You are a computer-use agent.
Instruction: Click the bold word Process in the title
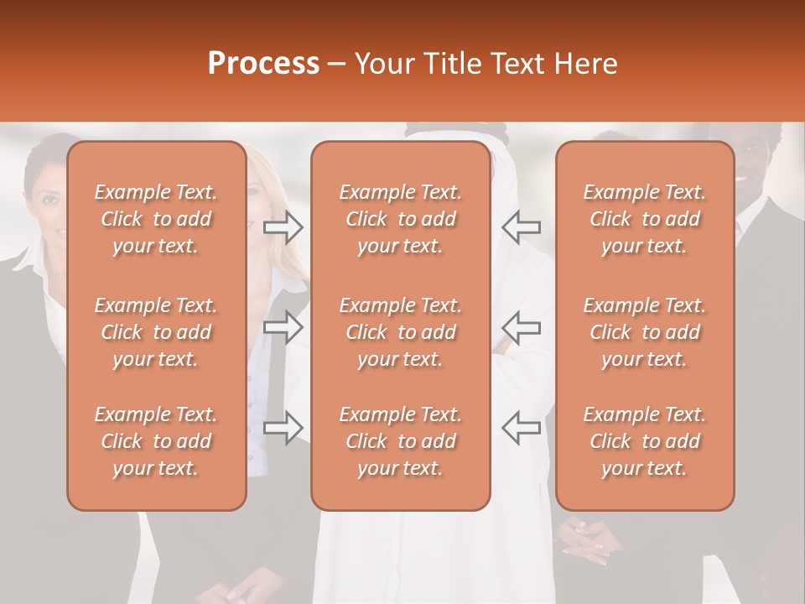pos(263,64)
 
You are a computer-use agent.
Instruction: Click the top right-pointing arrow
pos(283,226)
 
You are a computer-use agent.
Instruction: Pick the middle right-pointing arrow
pos(283,326)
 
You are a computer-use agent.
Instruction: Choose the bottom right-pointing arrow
pos(283,427)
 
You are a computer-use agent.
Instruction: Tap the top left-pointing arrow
pos(521,226)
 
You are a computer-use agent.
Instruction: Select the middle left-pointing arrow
pos(521,326)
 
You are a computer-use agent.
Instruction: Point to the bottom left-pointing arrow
pos(521,427)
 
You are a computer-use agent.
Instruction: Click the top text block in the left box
pos(156,219)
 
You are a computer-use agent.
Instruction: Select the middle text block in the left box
pos(156,332)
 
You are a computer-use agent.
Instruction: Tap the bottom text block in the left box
pos(156,441)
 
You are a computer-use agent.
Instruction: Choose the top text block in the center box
pos(400,219)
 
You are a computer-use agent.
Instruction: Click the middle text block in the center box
pos(400,332)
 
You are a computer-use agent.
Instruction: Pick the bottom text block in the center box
pos(400,441)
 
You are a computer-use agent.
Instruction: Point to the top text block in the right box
pos(644,219)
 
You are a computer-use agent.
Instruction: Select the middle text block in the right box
pos(644,332)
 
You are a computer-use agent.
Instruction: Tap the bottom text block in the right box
pos(644,441)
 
